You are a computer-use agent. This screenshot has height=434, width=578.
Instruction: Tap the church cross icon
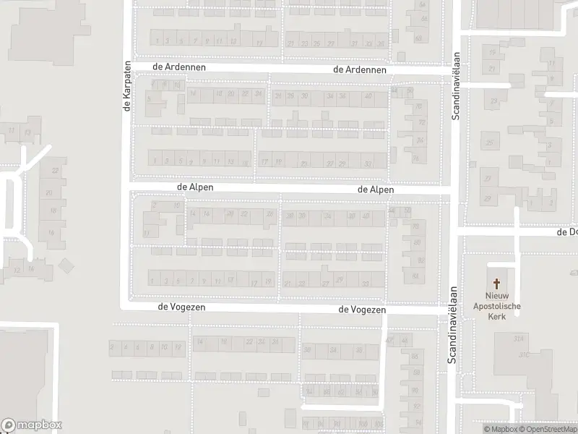point(496,284)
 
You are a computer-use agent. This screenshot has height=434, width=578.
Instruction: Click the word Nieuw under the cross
point(496,296)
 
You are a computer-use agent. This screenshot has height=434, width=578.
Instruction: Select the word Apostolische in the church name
point(496,306)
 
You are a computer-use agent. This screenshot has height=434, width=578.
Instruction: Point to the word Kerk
point(496,316)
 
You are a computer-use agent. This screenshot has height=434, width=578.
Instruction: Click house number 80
point(417,243)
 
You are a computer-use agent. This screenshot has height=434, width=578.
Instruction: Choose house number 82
point(420,260)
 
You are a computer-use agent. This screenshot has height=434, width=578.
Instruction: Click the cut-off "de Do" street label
point(566,232)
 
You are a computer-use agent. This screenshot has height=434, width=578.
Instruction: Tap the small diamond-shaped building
point(66,266)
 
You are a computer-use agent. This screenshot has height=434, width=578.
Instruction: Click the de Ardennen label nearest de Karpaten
point(180,67)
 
